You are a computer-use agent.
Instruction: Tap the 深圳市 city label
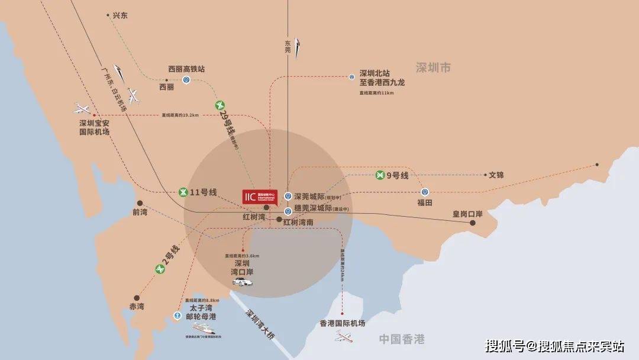(x=433, y=68)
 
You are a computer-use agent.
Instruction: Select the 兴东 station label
(x=120, y=15)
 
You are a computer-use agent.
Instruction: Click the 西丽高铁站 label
(x=186, y=69)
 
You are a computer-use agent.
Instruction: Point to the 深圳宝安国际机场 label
(x=95, y=127)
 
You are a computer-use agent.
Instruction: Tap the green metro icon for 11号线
(x=184, y=192)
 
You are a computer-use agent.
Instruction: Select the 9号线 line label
(x=397, y=175)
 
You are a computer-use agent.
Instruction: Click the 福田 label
(x=425, y=202)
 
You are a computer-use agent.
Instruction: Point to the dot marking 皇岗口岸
(x=473, y=223)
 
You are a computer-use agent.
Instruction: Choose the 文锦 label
(x=496, y=175)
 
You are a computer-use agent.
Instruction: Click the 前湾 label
(x=140, y=212)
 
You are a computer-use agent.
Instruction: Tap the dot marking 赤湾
(x=137, y=298)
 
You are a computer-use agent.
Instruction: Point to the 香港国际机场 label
(x=343, y=323)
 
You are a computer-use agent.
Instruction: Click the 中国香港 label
(x=402, y=339)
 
